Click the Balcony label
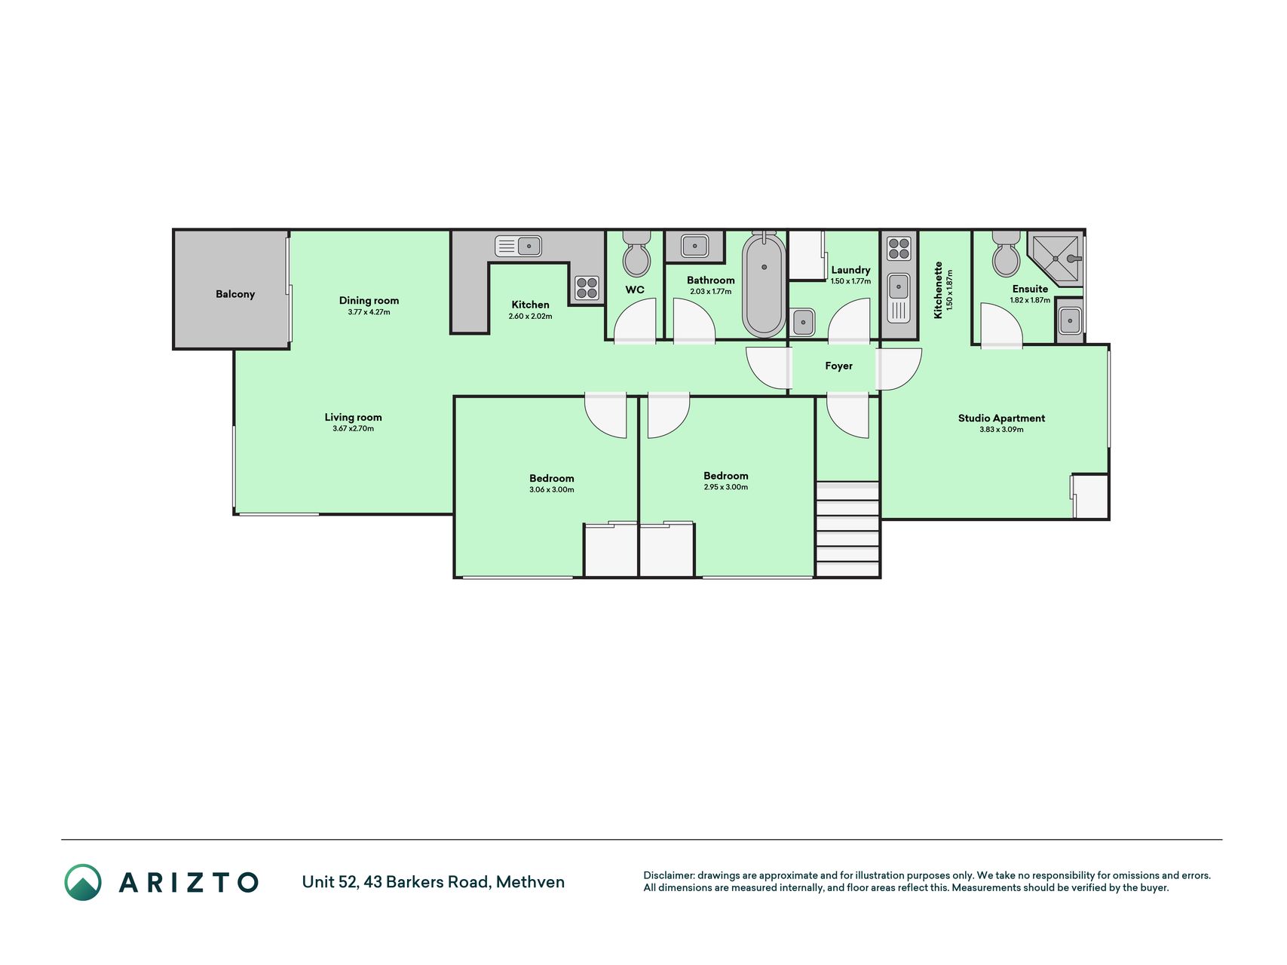tap(235, 294)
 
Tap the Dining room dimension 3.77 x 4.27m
tap(369, 312)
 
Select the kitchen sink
tap(518, 246)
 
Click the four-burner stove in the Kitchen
tap(587, 288)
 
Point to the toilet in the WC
tap(636, 254)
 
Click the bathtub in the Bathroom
tap(764, 284)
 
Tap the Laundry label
tap(850, 270)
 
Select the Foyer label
tap(838, 366)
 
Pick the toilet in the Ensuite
tap(1006, 254)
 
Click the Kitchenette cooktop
tap(899, 249)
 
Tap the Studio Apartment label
tap(1001, 418)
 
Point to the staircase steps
tap(847, 529)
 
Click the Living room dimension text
tap(353, 429)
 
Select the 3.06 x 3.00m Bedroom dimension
tap(551, 490)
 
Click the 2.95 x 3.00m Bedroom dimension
tap(725, 488)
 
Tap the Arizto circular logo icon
tap(83, 882)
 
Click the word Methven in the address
tap(530, 882)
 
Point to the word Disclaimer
tap(668, 875)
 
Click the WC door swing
tap(635, 321)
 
